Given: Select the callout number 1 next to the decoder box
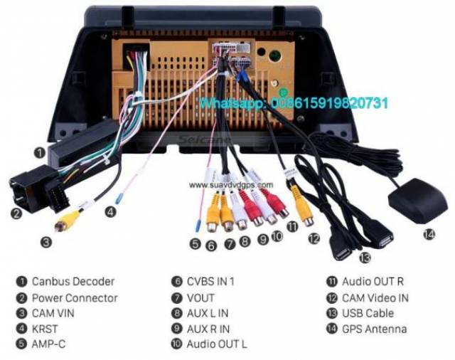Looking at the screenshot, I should click(x=41, y=152).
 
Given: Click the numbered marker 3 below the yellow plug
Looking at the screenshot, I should click(x=46, y=242).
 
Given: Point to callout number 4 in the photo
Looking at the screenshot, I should click(x=110, y=211).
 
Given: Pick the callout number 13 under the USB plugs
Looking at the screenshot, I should click(x=365, y=257).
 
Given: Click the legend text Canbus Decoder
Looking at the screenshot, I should click(x=73, y=282).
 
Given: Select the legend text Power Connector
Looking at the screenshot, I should click(x=75, y=297).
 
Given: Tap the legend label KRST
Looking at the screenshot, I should click(x=45, y=329).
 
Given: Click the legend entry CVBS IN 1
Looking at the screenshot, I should click(x=211, y=282).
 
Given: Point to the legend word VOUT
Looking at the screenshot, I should click(x=200, y=297).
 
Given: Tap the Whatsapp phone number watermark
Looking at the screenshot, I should click(x=293, y=103).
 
